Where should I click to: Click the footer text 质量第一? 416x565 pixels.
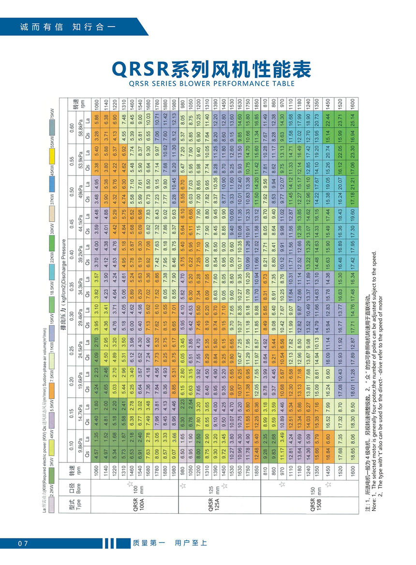coord(149,543)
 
